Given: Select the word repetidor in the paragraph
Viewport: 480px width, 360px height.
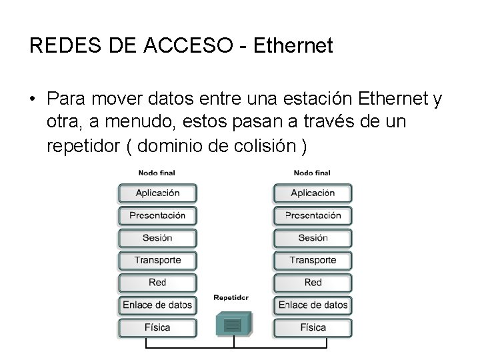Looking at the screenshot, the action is pos(83,146).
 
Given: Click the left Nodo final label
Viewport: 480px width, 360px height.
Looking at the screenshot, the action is pos(157,173).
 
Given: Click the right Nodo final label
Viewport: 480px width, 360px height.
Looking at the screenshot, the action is pos(312,173).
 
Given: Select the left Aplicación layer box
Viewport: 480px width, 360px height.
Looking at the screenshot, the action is pos(157,193).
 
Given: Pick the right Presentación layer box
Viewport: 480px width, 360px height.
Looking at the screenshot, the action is pos(313,215).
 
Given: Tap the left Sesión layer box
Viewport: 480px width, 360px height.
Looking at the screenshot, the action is pos(157,238).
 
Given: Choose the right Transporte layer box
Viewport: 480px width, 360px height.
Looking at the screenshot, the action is pos(313,260).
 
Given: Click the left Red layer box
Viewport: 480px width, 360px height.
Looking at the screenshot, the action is pos(157,283).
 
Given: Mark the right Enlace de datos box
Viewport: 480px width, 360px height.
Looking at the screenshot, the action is pos(313,305).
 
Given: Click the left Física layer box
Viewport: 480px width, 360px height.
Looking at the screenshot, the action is pos(157,327).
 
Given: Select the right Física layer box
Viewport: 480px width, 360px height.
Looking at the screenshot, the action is pos(313,327).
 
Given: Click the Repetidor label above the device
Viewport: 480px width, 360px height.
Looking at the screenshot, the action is pos(231,298).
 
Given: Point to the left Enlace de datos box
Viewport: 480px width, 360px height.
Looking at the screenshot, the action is pos(157,305).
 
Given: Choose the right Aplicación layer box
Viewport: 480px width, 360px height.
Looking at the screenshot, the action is pos(313,193).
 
